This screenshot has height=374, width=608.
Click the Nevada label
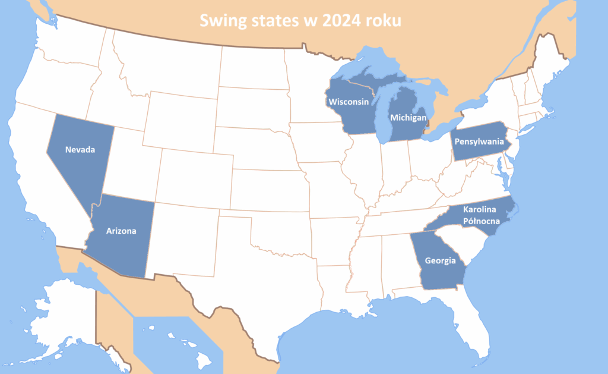[80, 150]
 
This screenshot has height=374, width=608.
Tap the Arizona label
[121, 231]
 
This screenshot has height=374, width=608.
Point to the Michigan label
[408, 118]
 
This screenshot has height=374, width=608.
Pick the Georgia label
[440, 260]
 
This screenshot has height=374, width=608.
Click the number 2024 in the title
[345, 21]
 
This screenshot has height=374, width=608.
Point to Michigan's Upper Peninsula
[368, 80]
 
